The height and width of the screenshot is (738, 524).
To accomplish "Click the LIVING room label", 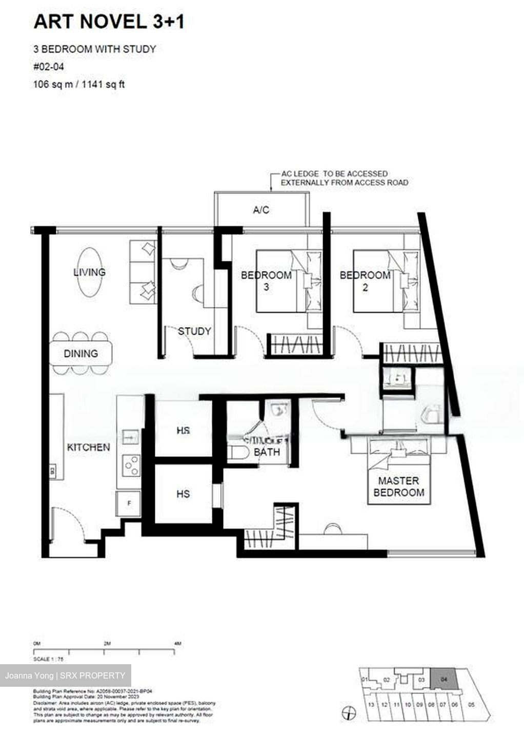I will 89,272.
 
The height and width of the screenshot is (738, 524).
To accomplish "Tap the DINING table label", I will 80,354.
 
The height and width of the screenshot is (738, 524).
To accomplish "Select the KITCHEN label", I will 88,447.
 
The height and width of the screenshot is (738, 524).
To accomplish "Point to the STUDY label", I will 194,332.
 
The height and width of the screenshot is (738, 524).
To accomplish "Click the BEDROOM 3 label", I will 266,281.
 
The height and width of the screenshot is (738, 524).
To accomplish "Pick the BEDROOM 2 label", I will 365,281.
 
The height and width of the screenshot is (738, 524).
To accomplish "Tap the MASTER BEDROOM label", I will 398,487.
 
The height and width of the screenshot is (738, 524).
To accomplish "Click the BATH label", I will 267,452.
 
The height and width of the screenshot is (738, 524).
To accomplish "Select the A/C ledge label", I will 261,210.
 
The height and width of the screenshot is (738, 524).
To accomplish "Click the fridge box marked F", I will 129,503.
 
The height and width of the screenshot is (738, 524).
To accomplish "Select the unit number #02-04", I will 49,66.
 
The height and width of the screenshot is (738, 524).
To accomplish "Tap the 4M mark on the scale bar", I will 177,644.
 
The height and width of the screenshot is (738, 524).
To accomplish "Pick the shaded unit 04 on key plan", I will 443,680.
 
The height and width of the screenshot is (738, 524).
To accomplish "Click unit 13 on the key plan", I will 371,705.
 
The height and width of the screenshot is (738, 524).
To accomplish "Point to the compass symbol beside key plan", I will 349,712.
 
